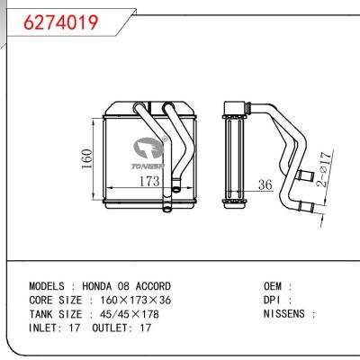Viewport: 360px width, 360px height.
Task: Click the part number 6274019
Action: [46, 17]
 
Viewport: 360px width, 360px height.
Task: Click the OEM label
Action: [274, 286]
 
